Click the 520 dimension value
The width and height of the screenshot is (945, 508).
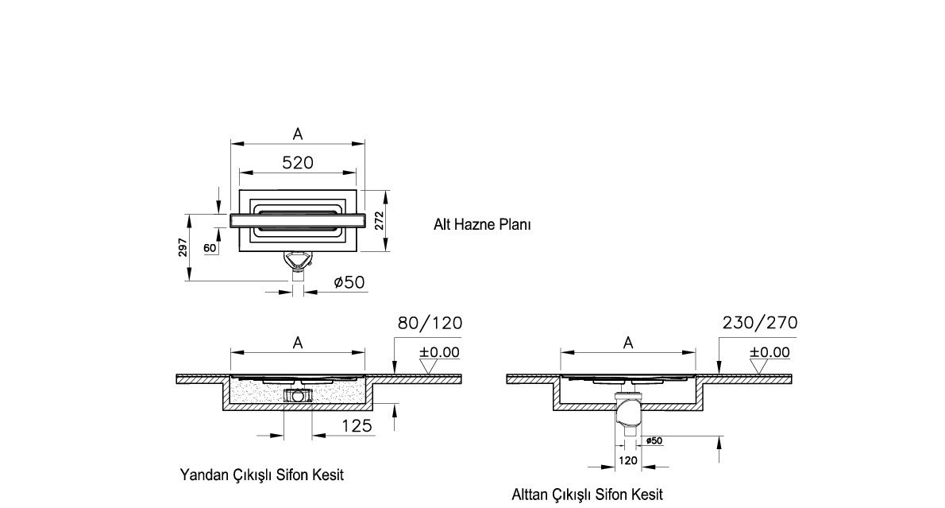coord(298,162)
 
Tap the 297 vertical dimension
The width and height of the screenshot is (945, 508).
coord(183,247)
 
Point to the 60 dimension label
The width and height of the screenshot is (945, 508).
coord(210,248)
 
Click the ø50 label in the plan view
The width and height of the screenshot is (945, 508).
coord(349,281)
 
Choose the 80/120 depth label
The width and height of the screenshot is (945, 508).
coord(430,323)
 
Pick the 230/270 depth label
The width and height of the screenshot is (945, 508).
coord(759,323)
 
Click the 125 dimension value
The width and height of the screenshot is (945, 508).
coord(357,425)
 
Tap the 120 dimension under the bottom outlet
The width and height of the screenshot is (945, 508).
coord(627,460)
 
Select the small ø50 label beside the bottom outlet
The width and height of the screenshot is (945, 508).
coord(654,440)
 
